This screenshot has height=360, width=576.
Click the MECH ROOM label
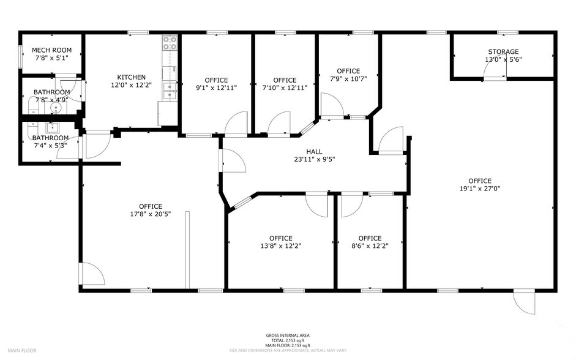51,50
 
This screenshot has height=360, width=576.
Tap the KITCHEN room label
131,77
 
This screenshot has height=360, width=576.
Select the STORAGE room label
503,52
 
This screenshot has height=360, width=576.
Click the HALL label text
314,152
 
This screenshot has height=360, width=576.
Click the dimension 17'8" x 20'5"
150,214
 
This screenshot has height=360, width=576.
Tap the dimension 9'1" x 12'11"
216,88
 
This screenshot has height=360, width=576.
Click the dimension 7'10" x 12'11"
285,88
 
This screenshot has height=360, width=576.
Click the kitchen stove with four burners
170,42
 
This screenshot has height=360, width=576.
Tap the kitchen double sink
170,92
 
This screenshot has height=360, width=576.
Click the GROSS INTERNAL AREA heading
287,336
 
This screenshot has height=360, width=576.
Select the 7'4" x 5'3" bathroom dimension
50,146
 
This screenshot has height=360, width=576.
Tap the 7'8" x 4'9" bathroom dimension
51,100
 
